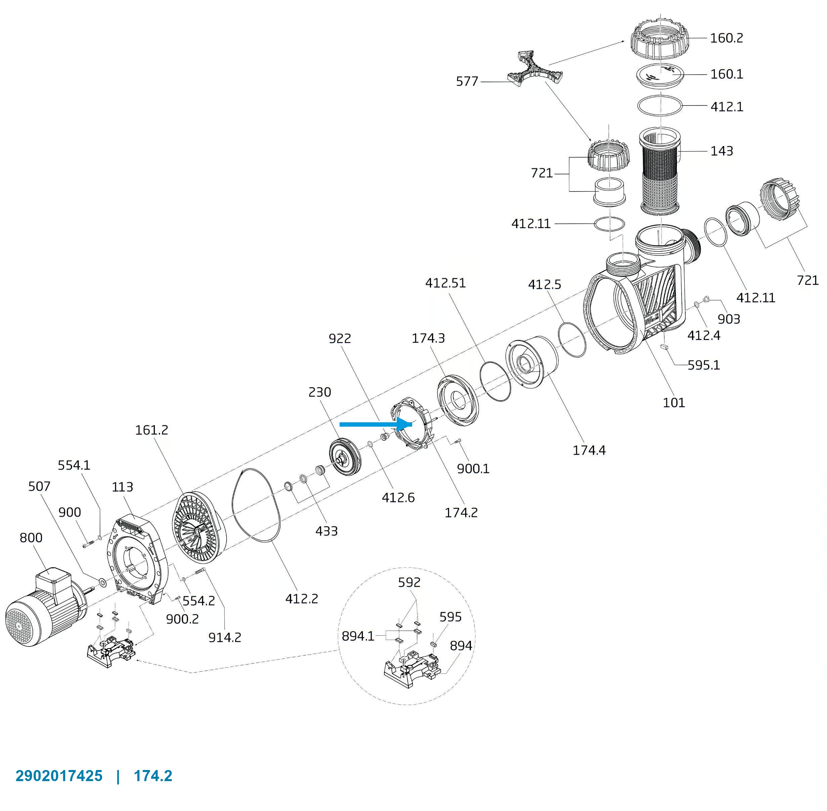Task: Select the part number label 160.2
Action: tap(726, 38)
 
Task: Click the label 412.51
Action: tap(445, 283)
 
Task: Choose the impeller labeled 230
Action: tap(345, 456)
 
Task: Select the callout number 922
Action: tap(340, 338)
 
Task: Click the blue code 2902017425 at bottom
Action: tap(59, 776)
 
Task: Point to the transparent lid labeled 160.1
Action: tap(660, 76)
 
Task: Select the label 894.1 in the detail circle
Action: tap(358, 636)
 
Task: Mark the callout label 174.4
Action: tap(589, 450)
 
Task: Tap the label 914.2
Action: tap(225, 637)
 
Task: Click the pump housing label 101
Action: tap(674, 402)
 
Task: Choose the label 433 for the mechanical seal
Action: tap(326, 531)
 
